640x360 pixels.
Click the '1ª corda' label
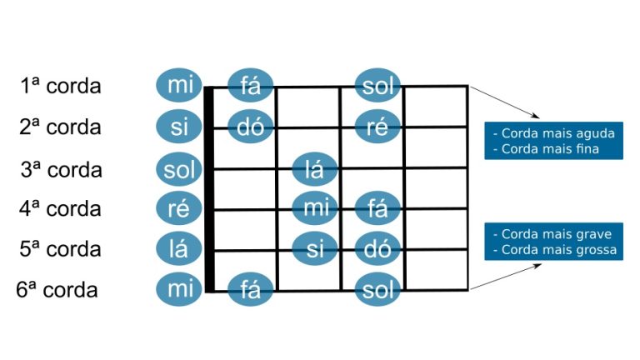60,86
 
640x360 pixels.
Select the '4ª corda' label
60,208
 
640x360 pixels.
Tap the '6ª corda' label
57,289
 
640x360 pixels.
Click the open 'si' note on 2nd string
179,127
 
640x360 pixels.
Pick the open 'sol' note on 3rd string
179,169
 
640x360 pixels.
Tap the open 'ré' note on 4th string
179,208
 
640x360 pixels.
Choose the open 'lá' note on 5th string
179,248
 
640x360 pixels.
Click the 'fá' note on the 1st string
250,85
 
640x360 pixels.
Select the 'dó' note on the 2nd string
250,126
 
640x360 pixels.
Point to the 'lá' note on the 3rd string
315,169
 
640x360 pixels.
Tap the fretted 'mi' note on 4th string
315,208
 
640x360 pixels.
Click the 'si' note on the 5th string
315,248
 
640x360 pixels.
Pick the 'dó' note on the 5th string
377,248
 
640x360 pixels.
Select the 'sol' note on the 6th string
377,289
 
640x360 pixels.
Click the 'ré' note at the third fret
377,126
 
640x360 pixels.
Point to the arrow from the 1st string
504,102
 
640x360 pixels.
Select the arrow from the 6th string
506,277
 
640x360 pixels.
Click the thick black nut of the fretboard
209,189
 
